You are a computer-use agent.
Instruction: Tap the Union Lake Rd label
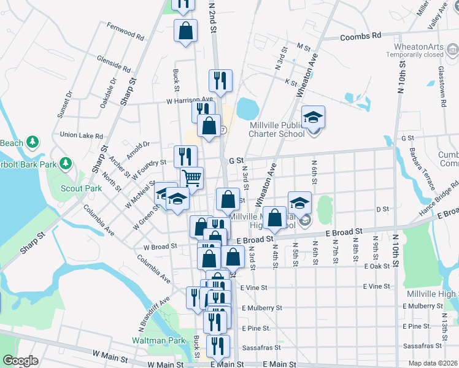pos(82,135)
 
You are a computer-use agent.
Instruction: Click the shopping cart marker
pos(191,178)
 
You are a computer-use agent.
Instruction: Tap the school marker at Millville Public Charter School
pos(313,117)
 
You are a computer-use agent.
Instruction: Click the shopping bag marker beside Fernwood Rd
pos(185,31)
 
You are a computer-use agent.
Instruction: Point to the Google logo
pos(20,361)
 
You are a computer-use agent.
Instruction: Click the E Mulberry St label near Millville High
pos(428,306)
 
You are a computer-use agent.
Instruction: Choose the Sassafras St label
pos(261,347)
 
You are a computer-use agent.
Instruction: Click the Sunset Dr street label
pos(64,104)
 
